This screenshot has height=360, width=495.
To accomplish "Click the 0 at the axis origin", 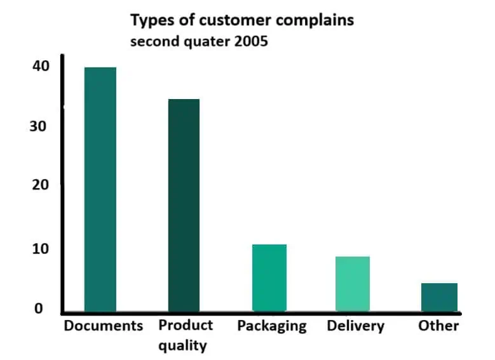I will [38, 309].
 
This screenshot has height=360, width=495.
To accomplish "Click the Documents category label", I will [104, 326].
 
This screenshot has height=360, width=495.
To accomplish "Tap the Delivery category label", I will [355, 326].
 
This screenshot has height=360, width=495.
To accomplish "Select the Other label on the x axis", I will [438, 326].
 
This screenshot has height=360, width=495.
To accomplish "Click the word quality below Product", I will [184, 345].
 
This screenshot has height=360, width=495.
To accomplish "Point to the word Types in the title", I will [151, 20].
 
